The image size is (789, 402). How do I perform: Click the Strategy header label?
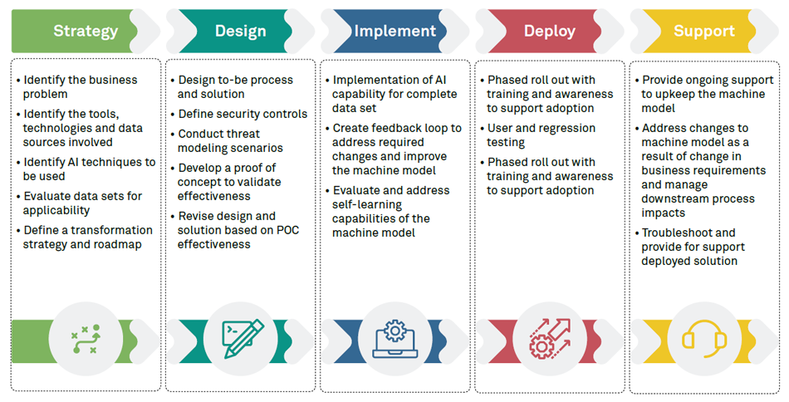point(86,32)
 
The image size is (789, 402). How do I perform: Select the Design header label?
point(240,32)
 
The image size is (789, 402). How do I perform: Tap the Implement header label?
point(394,32)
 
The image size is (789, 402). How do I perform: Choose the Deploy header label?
point(549,32)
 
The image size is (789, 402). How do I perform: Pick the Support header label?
point(703,32)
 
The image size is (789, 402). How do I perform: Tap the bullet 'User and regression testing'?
point(541,135)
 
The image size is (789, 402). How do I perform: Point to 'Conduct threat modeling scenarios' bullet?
point(230,141)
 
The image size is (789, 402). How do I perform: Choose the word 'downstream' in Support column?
point(676,199)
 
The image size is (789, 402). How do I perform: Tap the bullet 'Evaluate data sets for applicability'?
point(82,203)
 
